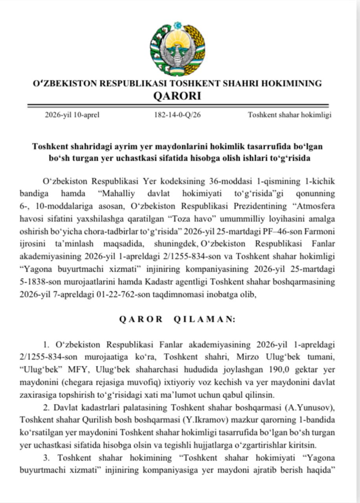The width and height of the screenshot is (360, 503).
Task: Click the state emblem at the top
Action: [x=178, y=48]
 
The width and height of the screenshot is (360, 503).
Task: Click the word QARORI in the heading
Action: [x=177, y=96]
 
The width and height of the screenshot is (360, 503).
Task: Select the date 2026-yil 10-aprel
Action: [x=72, y=115]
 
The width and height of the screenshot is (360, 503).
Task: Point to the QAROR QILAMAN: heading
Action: [x=177, y=319]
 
